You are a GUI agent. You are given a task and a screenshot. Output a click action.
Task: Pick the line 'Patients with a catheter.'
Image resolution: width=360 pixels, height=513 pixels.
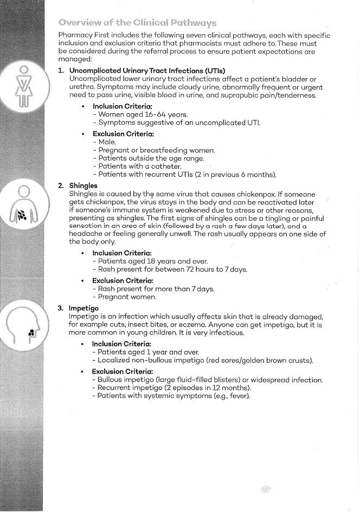138,166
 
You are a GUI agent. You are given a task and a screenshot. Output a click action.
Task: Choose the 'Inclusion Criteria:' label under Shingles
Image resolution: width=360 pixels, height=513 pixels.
121,253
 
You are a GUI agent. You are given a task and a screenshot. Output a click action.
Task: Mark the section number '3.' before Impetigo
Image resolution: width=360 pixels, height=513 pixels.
61,308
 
